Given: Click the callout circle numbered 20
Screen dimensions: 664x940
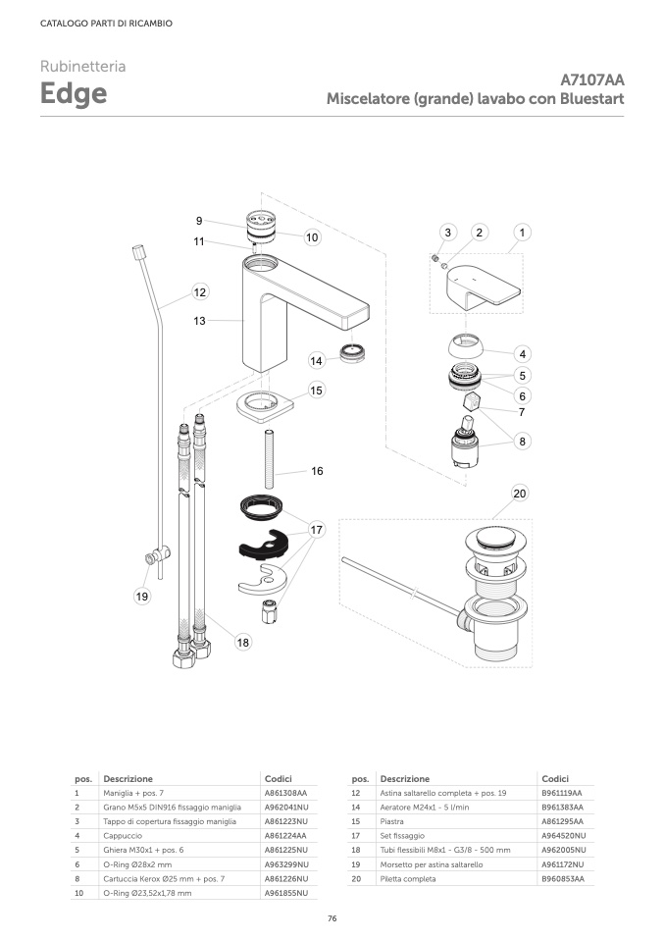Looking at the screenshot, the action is [520, 494].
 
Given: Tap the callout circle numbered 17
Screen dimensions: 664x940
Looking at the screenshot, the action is [317, 530].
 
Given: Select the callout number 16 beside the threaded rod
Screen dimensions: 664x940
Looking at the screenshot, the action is [317, 471].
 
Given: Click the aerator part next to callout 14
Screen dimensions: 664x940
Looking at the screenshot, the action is [353, 353].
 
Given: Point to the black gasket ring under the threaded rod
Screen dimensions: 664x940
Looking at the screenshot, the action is [264, 508].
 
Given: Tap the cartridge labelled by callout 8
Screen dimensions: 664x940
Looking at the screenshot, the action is [465, 443].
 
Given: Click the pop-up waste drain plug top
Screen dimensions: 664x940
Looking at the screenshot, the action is [497, 540].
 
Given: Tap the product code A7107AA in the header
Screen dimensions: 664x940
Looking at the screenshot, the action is [592, 79].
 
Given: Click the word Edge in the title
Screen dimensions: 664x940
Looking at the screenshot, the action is [74, 93].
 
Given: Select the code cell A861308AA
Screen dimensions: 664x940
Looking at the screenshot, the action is [285, 793].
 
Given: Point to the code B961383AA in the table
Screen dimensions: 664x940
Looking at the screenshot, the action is [562, 807].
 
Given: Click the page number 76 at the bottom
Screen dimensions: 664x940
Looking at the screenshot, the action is [332, 918].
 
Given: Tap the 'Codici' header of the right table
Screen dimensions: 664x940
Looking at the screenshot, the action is [555, 779].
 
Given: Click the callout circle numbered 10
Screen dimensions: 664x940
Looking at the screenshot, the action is [312, 237].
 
